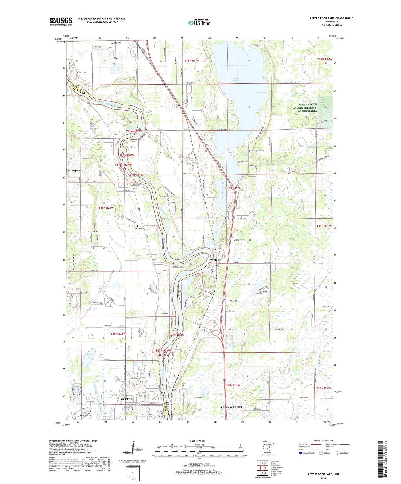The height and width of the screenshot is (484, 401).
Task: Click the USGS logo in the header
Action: [x=61, y=21]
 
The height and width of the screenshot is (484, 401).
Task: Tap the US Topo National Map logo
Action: [x=199, y=23]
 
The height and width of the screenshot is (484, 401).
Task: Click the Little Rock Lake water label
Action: [x=236, y=79]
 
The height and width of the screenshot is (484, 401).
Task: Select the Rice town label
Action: [x=116, y=58]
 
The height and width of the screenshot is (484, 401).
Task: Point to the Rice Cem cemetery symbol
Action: [x=112, y=43]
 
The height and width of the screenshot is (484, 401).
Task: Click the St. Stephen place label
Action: [x=74, y=170]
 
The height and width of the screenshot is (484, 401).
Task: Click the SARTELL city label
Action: [x=127, y=399]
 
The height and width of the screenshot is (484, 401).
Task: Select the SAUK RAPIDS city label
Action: [x=231, y=407]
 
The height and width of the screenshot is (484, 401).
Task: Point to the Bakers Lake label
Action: [x=90, y=356]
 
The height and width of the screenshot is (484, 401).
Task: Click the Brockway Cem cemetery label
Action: [x=140, y=229]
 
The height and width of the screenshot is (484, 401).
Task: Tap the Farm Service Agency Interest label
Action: [x=305, y=108]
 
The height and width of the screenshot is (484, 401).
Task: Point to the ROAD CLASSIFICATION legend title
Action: [x=323, y=440]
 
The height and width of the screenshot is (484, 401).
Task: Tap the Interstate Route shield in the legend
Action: [x=301, y=453]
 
